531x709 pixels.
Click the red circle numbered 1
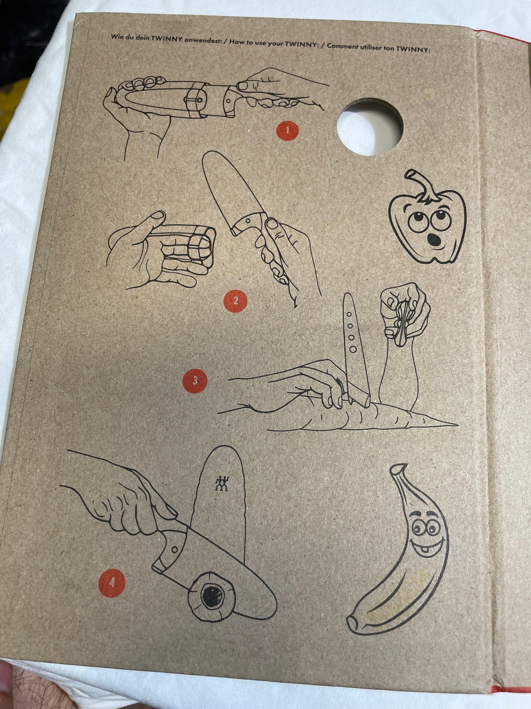(x=287, y=130)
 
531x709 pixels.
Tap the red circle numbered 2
(x=235, y=301)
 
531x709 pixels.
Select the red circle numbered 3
(x=195, y=380)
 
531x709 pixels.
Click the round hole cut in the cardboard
(x=370, y=125)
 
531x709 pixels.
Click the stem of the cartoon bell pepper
(x=423, y=186)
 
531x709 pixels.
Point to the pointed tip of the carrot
(x=457, y=425)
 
